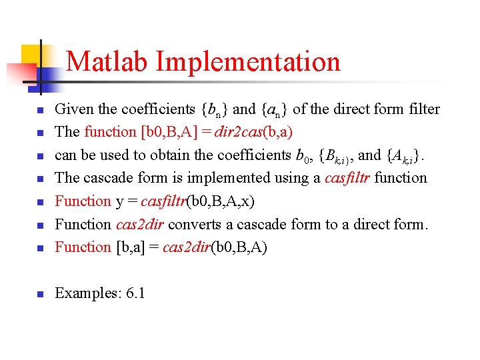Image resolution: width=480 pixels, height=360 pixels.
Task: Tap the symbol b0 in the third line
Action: pyautogui.click(x=301, y=155)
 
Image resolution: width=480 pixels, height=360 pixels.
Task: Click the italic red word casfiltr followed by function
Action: pyautogui.click(x=349, y=178)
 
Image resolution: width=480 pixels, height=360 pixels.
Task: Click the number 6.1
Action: pyautogui.click(x=135, y=294)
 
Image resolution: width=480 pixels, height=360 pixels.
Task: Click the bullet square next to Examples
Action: pyautogui.click(x=40, y=295)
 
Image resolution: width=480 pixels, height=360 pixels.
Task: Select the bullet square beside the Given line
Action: pyautogui.click(x=40, y=110)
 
